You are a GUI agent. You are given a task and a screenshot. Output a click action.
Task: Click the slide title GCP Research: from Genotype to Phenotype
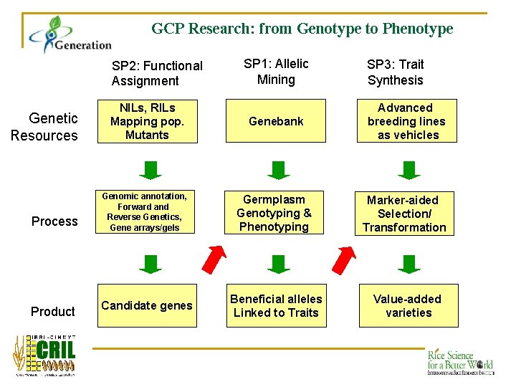tap(302, 29)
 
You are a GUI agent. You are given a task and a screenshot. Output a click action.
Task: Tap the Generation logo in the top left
tap(70, 36)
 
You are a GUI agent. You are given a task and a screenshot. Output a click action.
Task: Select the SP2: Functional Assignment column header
tap(157, 73)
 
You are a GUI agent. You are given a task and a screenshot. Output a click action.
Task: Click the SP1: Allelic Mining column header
tap(276, 72)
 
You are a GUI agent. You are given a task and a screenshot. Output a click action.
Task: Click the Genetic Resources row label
tap(44, 127)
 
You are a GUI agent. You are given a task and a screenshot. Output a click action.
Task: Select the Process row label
tap(54, 221)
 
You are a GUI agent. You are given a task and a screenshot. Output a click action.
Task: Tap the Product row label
tap(52, 311)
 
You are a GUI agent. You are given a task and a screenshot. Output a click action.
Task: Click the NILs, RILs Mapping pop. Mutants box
tap(147, 122)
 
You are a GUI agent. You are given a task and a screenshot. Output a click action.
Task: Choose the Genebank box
tap(276, 122)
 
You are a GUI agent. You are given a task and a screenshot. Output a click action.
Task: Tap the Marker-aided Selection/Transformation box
tap(404, 214)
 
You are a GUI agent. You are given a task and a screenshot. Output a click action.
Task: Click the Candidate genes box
tap(147, 305)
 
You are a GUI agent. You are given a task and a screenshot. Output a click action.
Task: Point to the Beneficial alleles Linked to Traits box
tap(276, 305)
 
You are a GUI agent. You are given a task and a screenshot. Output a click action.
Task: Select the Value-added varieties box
tap(408, 305)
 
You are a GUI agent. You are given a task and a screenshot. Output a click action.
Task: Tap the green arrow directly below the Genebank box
tap(278, 169)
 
